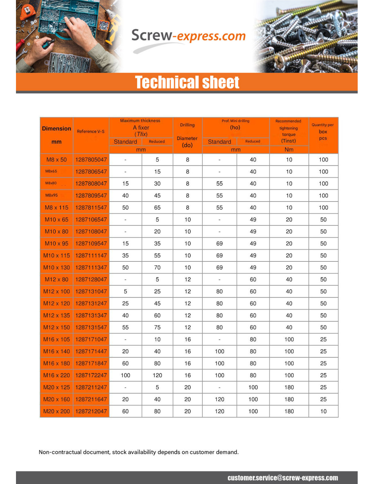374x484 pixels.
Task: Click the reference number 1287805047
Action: tap(91, 160)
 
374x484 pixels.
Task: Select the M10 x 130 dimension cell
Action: tap(56, 268)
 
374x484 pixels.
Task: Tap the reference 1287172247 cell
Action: tap(91, 375)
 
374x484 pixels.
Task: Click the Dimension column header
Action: tap(56, 129)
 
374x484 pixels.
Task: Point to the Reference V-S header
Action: tap(91, 131)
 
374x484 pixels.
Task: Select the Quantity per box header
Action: tap(323, 131)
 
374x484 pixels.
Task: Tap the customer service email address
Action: tap(283, 478)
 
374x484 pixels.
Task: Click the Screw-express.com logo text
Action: tap(188, 36)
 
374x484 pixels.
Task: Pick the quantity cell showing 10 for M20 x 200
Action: tap(323, 411)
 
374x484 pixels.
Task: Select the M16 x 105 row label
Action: tap(56, 339)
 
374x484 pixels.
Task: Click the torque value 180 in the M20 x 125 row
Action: tap(289, 387)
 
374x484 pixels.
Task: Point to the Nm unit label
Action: tap(289, 149)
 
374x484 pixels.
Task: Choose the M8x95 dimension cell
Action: tap(52, 195)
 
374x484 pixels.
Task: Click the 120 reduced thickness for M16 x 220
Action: tap(157, 375)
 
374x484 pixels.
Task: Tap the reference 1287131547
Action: tap(91, 327)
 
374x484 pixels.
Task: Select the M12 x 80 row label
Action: tap(56, 279)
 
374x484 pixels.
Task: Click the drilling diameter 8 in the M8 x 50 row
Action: tap(187, 160)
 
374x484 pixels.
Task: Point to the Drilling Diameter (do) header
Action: tap(187, 135)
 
